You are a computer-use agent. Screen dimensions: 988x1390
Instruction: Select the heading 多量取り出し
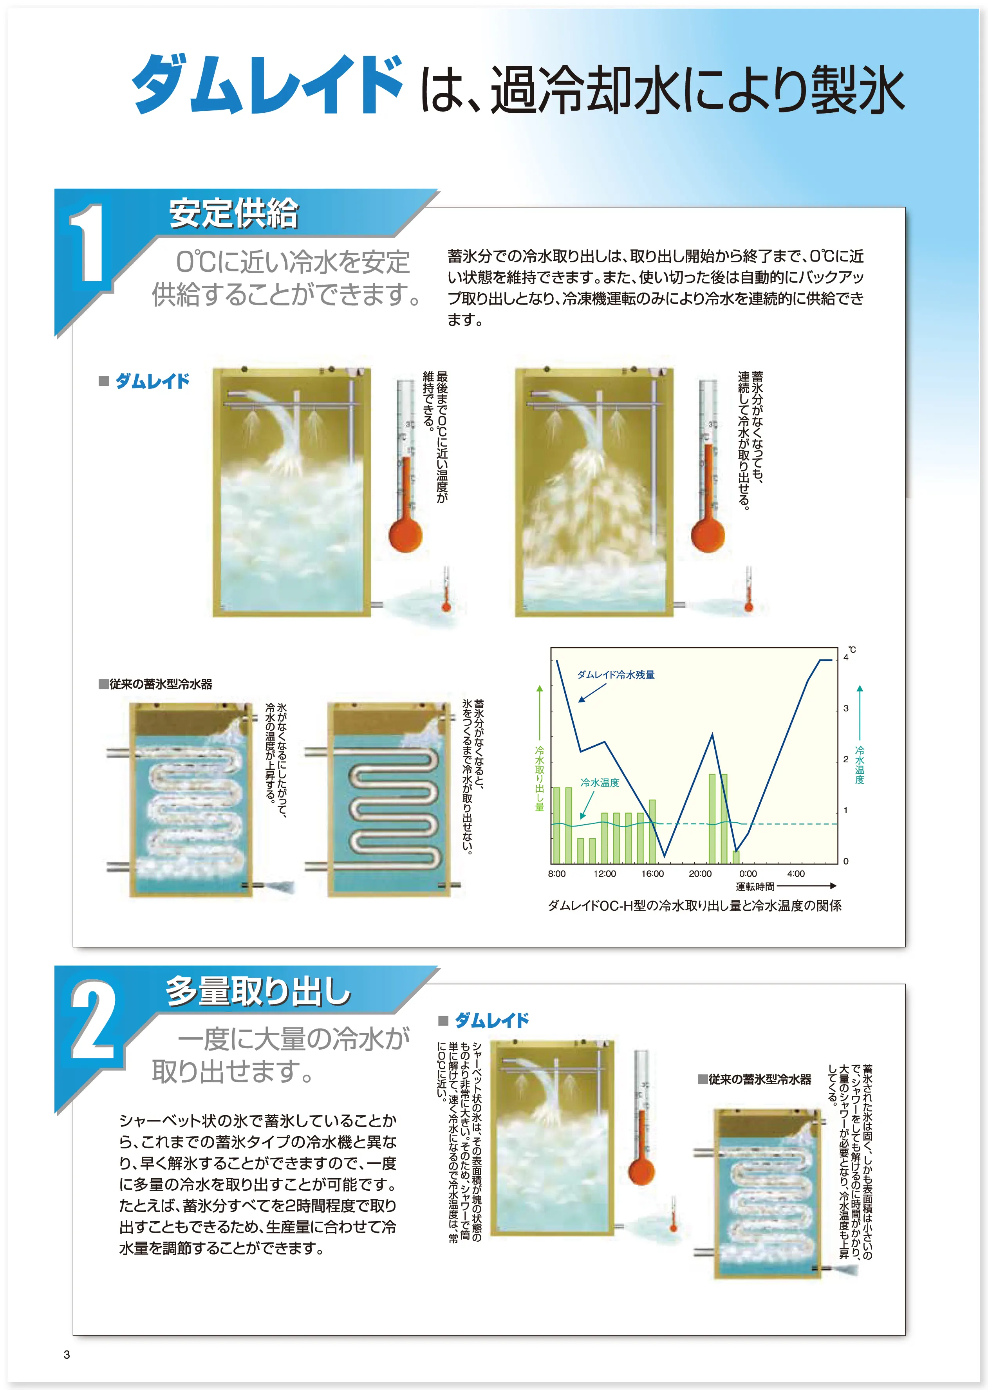coord(258,990)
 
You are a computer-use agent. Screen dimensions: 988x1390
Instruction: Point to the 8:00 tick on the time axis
coord(557,874)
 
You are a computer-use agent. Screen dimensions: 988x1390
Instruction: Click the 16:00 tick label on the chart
coord(652,874)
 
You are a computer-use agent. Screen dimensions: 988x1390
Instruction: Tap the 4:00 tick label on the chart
coord(796,874)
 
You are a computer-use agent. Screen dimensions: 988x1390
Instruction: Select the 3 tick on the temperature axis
coord(845,709)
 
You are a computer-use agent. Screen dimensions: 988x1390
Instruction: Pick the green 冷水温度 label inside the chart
coord(600,782)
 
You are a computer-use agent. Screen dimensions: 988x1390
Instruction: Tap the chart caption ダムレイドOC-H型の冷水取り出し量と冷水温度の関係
coord(695,906)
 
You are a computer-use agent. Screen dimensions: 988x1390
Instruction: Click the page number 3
coord(67,1355)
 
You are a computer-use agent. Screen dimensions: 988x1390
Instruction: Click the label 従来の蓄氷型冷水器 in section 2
coord(754,1079)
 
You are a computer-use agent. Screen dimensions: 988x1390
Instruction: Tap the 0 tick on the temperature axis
coord(845,861)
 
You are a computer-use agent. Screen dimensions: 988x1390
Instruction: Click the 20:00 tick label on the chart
coord(700,874)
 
